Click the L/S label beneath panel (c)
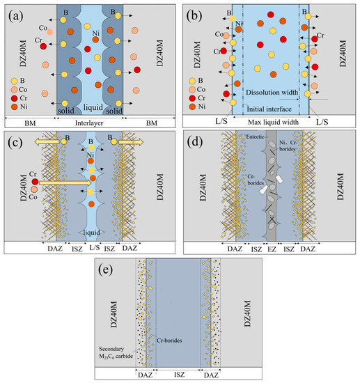[91, 248]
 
